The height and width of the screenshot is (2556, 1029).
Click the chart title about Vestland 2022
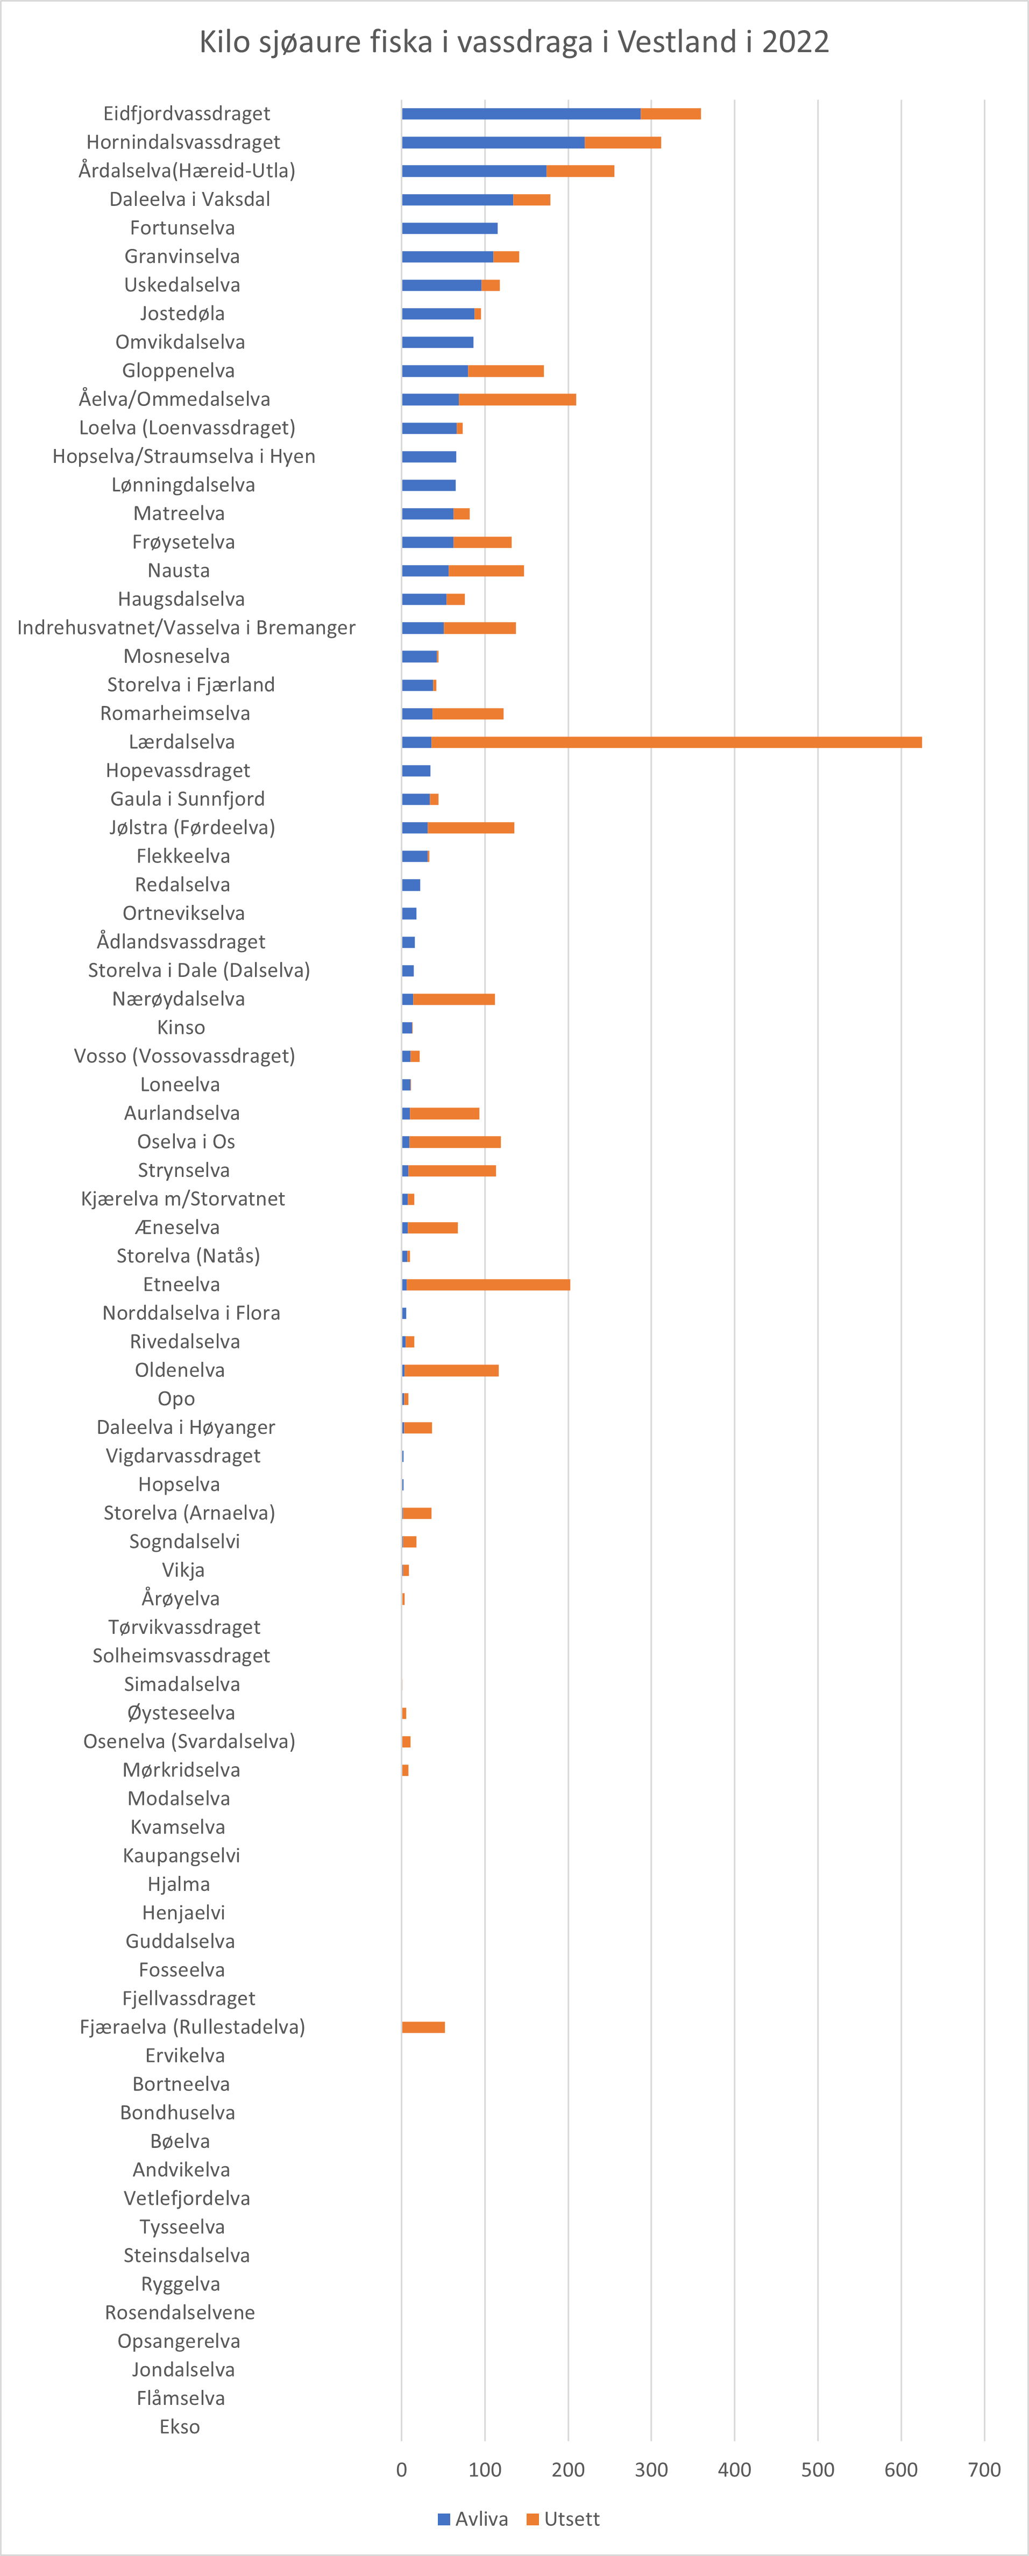point(514,42)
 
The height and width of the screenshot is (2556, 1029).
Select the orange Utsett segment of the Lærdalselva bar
point(677,742)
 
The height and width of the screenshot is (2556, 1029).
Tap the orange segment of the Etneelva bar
point(488,1285)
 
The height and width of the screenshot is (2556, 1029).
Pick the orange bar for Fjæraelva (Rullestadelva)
point(424,2027)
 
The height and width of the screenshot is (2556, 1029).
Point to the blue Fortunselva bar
point(450,228)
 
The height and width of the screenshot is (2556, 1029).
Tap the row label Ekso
point(180,2427)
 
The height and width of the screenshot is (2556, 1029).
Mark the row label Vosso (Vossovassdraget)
point(184,1056)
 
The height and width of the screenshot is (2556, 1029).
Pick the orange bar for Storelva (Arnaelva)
point(417,1513)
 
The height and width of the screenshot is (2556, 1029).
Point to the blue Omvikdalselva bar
point(438,342)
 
